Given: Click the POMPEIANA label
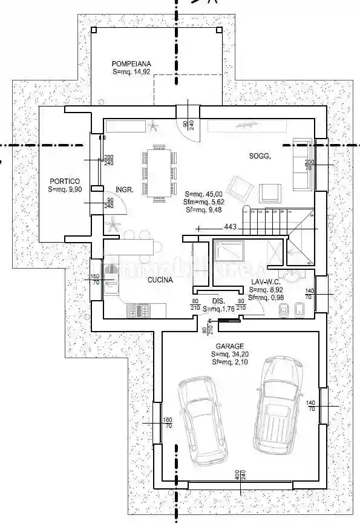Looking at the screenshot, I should [x=131, y=63].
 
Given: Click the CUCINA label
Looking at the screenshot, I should [x=160, y=280].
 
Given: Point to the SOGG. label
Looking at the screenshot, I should [x=260, y=156].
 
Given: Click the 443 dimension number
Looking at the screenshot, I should [x=230, y=228].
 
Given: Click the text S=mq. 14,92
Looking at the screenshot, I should [x=131, y=71].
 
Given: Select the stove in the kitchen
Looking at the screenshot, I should [x=140, y=311].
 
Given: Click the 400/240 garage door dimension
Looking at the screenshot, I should [x=240, y=475].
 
